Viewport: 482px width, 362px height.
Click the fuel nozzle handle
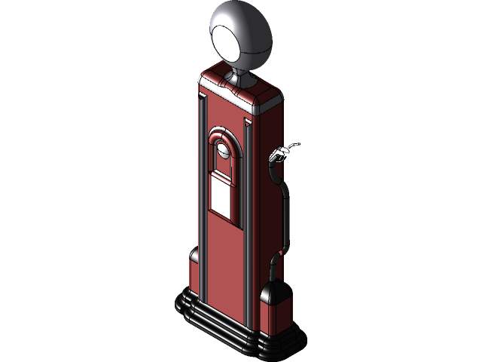click(x=279, y=155)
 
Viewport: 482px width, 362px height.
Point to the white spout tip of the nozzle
click(x=296, y=144)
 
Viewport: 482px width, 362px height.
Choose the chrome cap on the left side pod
click(x=194, y=257)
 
